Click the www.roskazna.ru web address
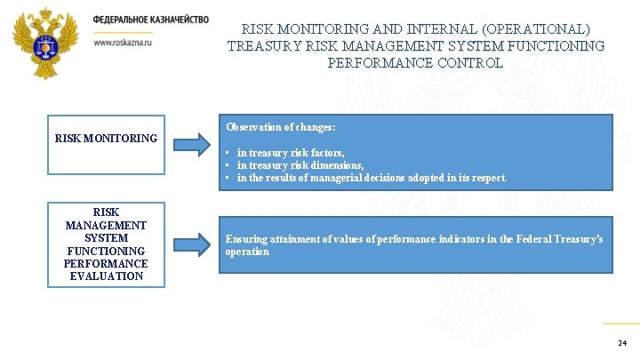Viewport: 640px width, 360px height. (123, 42)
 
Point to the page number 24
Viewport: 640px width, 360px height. (621, 343)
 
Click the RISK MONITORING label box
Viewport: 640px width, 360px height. (106, 139)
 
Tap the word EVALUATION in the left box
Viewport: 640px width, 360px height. (106, 276)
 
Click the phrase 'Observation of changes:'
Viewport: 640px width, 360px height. (280, 127)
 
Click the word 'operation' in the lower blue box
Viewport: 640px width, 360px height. (247, 252)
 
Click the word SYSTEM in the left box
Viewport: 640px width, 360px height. (106, 238)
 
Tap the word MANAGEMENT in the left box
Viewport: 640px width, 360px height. (106, 226)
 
